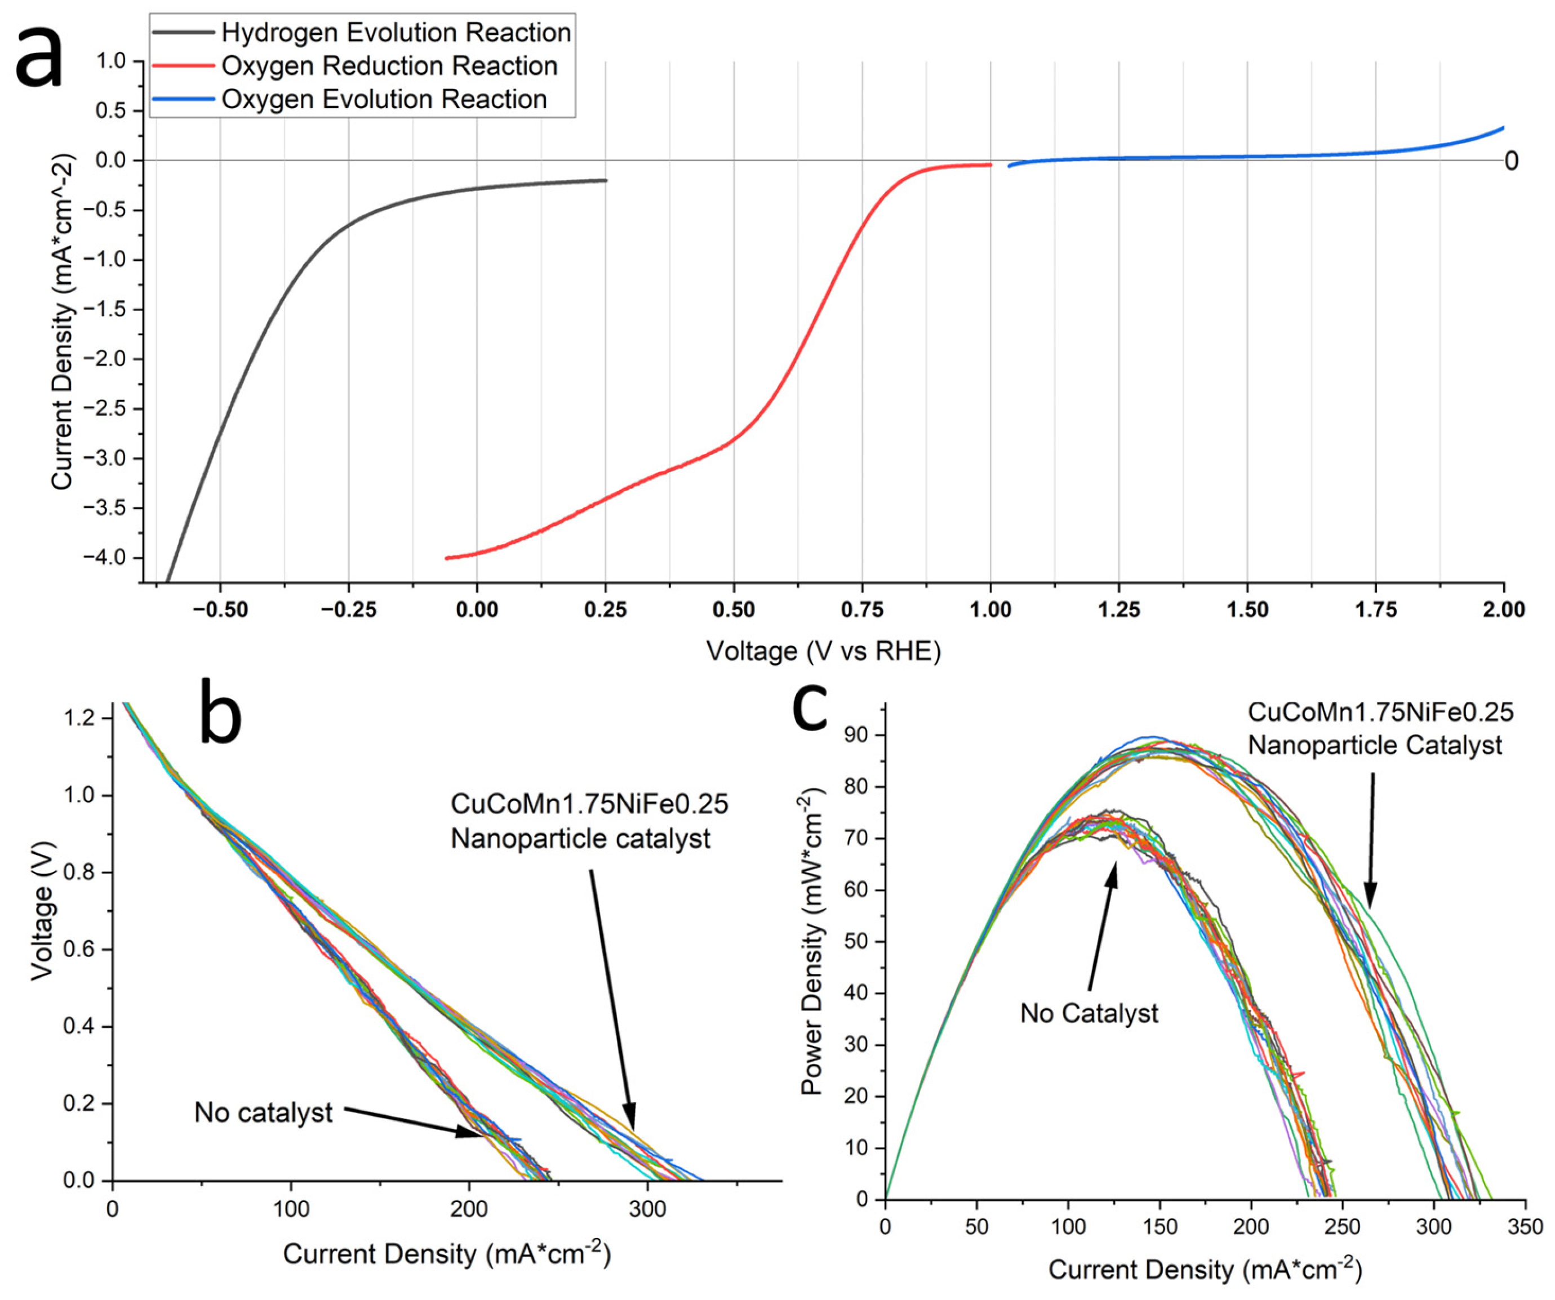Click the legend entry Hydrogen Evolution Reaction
pos(396,33)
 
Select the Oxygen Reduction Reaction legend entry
pos(389,66)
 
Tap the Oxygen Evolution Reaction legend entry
pos(384,99)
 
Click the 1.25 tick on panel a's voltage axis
pos(1119,610)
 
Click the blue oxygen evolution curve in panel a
pos(1259,156)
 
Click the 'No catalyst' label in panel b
pos(263,1112)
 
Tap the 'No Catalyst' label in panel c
pos(1088,1013)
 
